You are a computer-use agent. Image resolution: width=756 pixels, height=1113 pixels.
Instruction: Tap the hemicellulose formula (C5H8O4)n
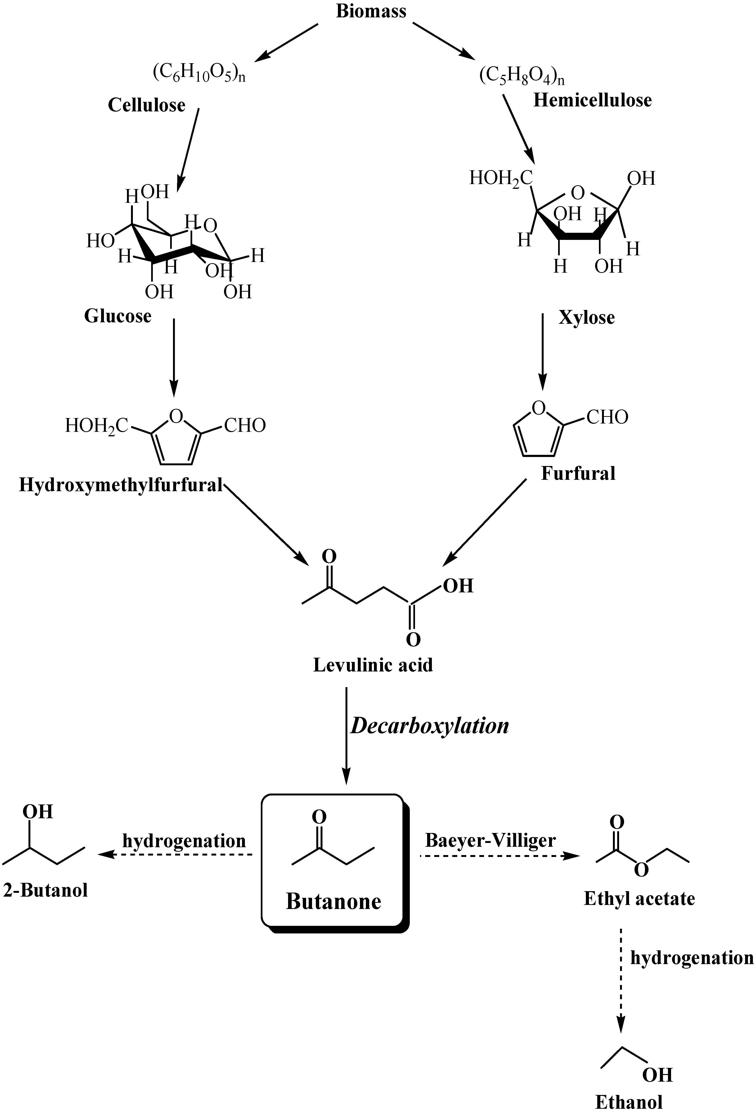[x=522, y=76]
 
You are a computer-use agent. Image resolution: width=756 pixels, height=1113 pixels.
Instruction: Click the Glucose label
[x=118, y=316]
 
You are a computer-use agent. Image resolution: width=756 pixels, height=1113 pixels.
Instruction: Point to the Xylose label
[x=587, y=318]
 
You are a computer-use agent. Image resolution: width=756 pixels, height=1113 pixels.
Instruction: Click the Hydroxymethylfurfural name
[x=121, y=485]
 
